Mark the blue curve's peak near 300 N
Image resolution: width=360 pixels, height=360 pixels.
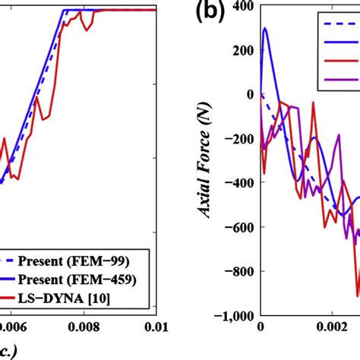pyautogui.click(x=264, y=28)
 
